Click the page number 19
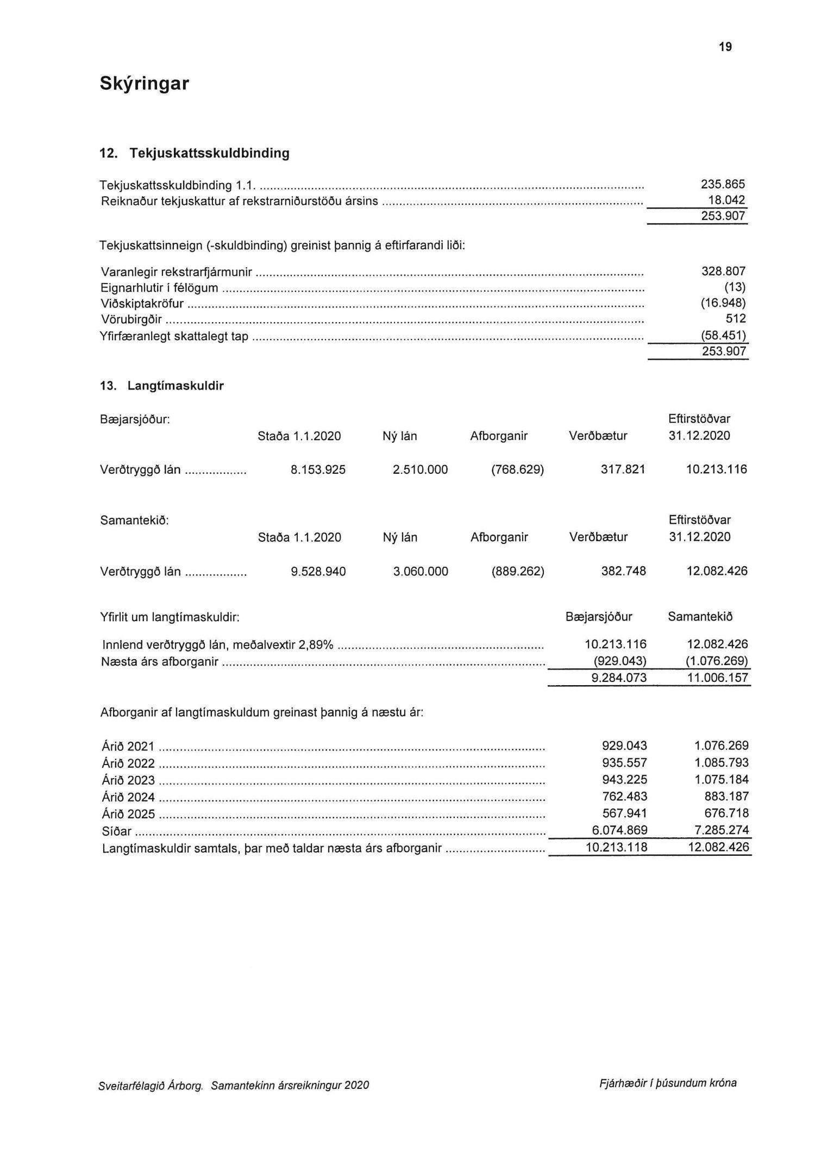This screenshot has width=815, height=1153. click(x=725, y=47)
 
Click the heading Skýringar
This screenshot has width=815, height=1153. click(x=145, y=84)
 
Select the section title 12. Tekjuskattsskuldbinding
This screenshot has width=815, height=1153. click(x=194, y=153)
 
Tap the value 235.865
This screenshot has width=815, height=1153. click(x=723, y=184)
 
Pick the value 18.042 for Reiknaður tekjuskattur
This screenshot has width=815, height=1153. click(x=726, y=200)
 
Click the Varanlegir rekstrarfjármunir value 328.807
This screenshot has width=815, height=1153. click(x=723, y=271)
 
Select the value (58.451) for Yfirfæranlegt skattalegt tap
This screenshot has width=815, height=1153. click(x=723, y=335)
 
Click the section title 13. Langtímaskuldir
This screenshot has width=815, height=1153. click(x=161, y=386)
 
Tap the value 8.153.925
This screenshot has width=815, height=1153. click(x=318, y=469)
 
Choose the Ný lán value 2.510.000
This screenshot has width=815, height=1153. click(x=420, y=469)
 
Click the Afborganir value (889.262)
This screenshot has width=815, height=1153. click(x=518, y=571)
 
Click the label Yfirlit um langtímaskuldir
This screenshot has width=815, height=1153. click(x=170, y=617)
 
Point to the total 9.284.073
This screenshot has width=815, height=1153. click(x=619, y=678)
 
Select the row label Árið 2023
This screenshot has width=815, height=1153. click(x=128, y=780)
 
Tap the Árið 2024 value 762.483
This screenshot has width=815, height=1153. click(x=624, y=797)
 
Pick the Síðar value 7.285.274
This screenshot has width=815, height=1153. click(x=722, y=830)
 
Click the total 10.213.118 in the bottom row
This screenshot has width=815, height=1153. click(x=616, y=847)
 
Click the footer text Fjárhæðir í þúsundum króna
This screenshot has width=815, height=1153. click(x=668, y=1082)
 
